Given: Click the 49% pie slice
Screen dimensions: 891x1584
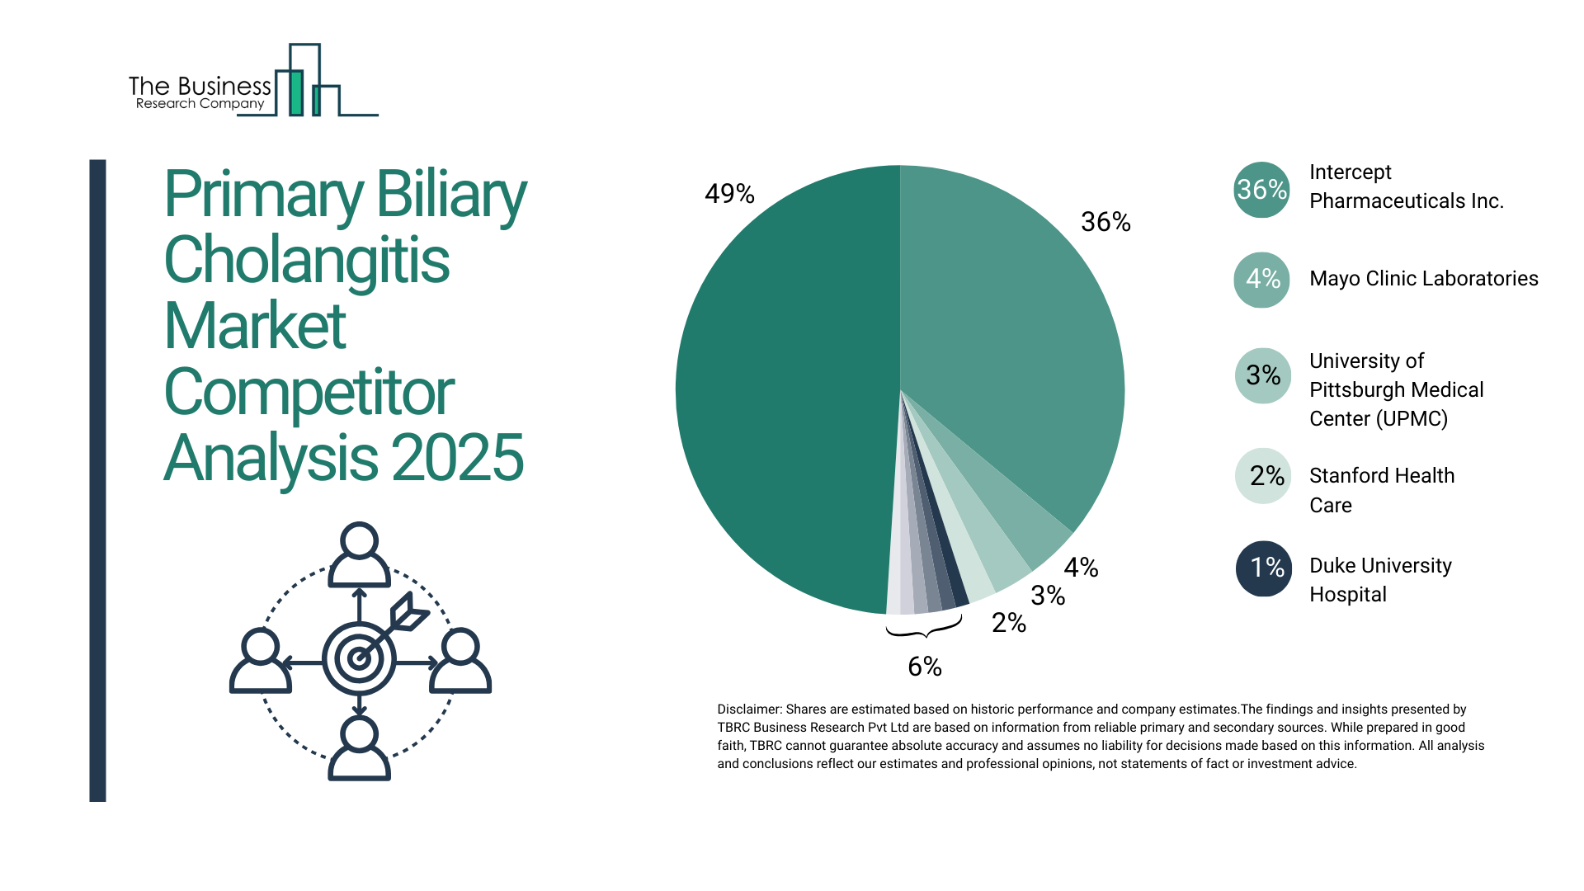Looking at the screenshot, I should tap(784, 388).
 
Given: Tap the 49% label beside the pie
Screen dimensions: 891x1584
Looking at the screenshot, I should tap(729, 194).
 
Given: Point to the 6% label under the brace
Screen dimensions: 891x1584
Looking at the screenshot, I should tap(925, 667).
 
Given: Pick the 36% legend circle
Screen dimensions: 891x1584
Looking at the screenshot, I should tap(1261, 190).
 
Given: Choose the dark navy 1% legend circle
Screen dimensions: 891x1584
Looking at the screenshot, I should tap(1263, 568).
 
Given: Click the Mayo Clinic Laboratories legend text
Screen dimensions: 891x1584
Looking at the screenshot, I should tap(1423, 279).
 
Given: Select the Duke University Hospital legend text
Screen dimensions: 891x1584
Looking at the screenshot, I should tap(1379, 580).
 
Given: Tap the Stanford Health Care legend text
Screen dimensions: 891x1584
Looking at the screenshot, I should tap(1381, 490).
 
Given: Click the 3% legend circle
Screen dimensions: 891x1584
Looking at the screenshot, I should tap(1262, 375).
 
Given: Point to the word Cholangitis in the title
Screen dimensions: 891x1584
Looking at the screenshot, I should tap(307, 260).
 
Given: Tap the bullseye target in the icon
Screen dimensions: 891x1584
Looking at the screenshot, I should tap(359, 658).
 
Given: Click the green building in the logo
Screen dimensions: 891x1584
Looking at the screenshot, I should tap(295, 92).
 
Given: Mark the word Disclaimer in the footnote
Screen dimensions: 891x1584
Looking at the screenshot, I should tap(748, 709).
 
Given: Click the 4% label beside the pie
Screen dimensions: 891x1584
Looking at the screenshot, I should tap(1081, 568).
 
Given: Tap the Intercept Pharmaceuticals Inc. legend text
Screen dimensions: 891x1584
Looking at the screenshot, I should tap(1406, 186).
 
